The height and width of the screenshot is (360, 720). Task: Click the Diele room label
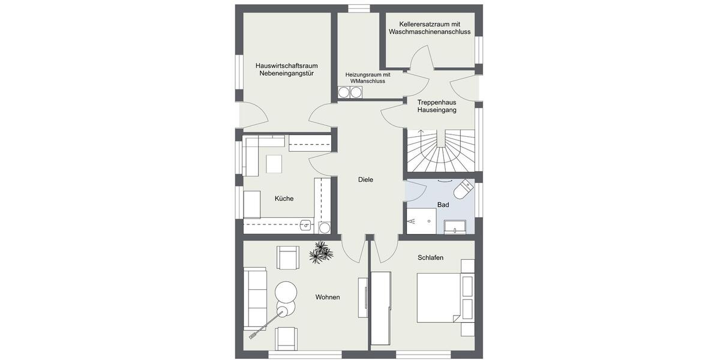point(365,179)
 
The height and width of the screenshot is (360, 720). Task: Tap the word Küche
point(284,199)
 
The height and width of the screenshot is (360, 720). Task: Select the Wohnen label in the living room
point(328,297)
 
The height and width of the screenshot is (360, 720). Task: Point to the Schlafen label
point(430,257)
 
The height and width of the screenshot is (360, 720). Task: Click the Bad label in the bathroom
point(443,205)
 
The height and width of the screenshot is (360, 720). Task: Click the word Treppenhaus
point(436,103)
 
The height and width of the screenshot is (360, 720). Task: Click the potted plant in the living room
point(321,253)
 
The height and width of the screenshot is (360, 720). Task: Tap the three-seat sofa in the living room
point(254,298)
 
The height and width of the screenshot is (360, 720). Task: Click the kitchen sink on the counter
point(305,226)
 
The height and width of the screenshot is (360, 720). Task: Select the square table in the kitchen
point(275,164)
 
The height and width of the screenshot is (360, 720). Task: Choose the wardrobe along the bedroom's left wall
point(380,308)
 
